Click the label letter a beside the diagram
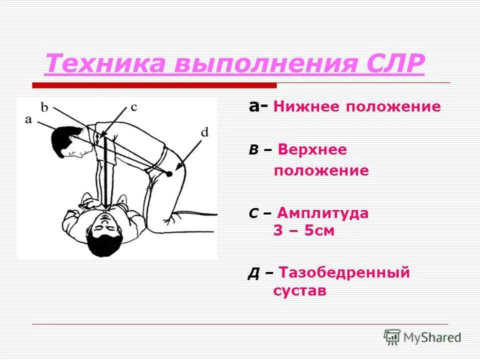pos(28,119)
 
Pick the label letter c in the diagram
pos(133,106)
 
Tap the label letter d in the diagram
pos(204,132)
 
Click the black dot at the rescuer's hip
pos(169,173)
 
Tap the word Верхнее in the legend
pos(312,149)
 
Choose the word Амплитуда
pos(323,213)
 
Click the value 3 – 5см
pos(303,231)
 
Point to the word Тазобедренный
pos(344,272)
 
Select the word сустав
pos(299,291)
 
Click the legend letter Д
pos(253,274)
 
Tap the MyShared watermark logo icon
pos(392,337)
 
